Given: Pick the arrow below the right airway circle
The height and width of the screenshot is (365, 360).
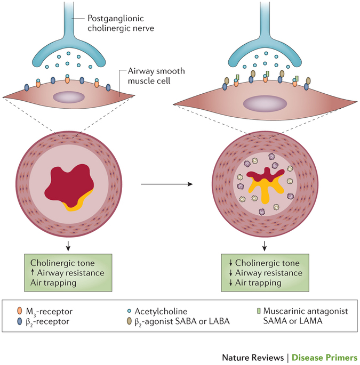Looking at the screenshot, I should [x=265, y=245].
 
